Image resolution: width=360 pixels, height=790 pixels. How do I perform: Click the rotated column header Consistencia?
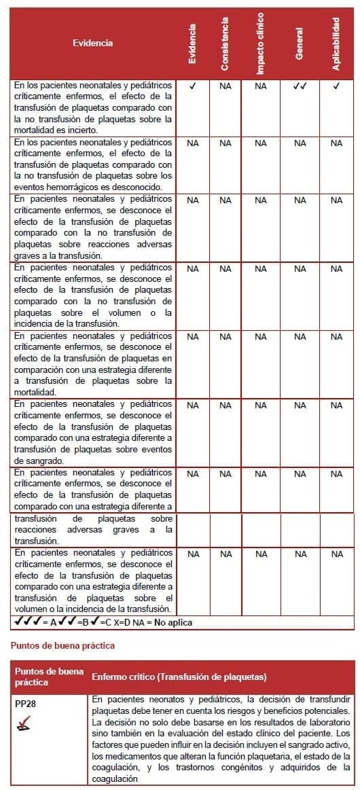(225, 43)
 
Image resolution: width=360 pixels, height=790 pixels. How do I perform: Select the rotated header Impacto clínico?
(261, 43)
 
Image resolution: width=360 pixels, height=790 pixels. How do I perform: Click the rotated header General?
(299, 43)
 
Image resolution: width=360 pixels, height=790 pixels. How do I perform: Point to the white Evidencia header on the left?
(93, 43)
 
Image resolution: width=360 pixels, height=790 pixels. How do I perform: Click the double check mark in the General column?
(300, 86)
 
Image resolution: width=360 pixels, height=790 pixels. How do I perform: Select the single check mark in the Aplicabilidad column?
(336, 86)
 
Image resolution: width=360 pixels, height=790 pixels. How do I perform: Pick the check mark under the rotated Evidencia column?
(193, 86)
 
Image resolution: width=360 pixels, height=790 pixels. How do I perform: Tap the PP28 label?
(25, 704)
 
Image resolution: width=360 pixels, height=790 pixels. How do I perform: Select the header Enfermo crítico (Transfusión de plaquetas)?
(179, 677)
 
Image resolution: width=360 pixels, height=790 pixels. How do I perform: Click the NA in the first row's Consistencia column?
(226, 86)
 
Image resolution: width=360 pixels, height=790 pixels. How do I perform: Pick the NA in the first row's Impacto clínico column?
(261, 86)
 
